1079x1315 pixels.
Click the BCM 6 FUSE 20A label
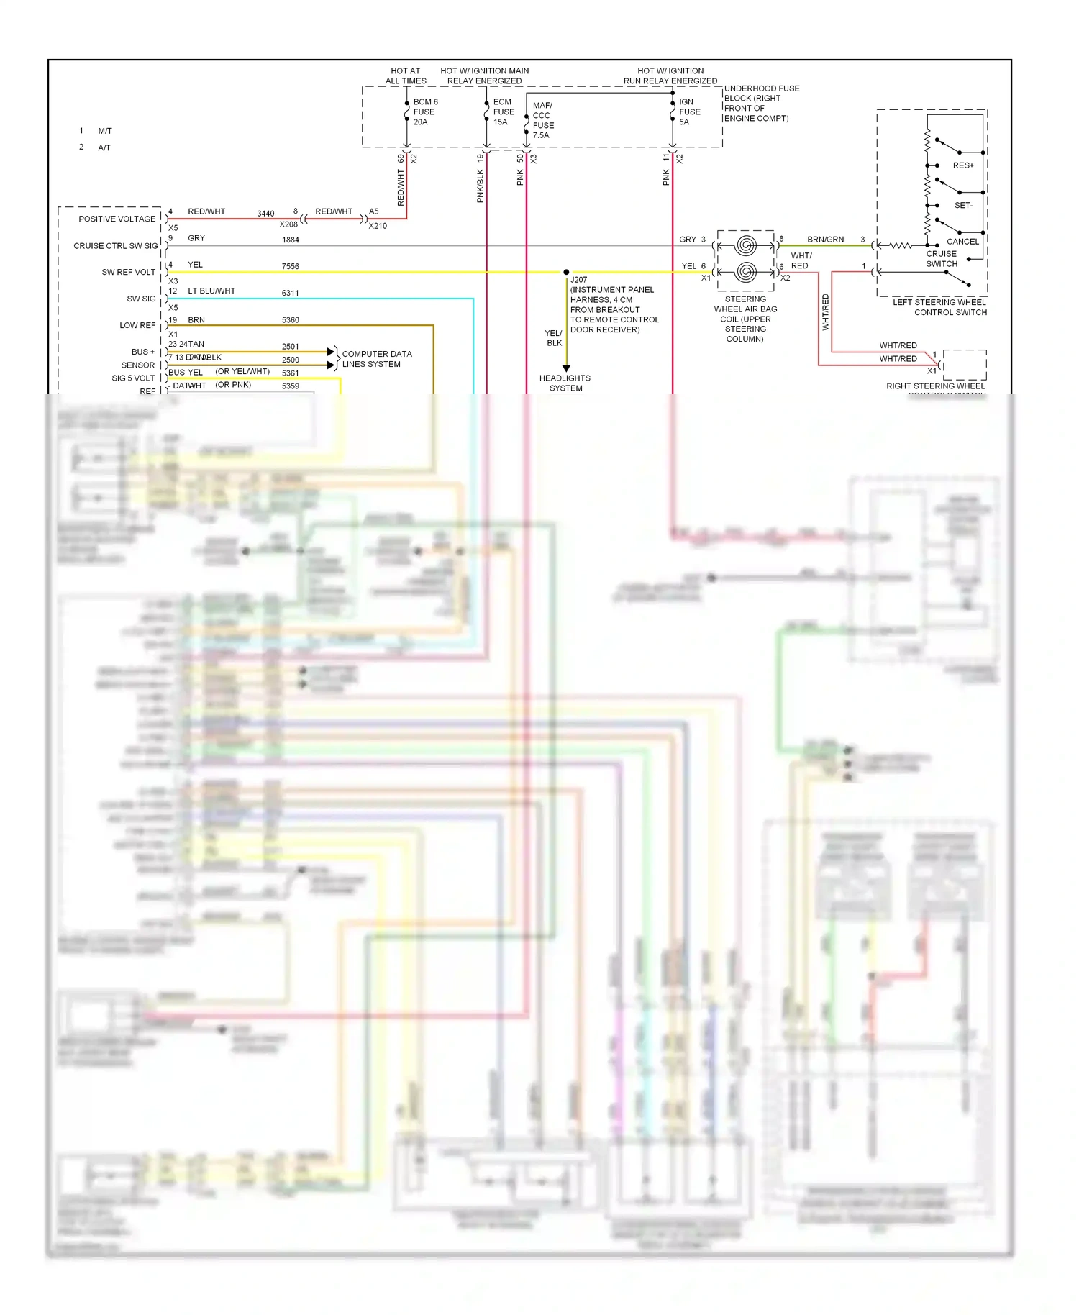424,112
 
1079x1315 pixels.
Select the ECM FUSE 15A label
504,112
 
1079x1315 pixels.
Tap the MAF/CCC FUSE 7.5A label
543,120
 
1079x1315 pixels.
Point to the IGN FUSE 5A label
689,112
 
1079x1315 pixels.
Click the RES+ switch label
963,165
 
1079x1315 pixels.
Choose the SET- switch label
963,205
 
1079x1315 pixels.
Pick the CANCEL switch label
962,242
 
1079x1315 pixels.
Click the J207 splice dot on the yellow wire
566,273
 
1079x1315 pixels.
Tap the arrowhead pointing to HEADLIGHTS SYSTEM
566,368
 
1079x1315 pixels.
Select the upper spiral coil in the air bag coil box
746,246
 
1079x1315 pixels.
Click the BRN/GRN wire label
825,240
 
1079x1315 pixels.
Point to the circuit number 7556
290,267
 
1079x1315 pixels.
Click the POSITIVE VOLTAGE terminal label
117,219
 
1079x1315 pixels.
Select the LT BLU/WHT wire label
211,291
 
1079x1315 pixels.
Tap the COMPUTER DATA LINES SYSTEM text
376,359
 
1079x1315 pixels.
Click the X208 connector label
288,224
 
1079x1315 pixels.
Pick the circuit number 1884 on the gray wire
290,240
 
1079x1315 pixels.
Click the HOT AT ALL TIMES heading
406,76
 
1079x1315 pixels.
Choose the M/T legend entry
105,131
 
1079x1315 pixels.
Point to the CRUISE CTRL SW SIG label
115,246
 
